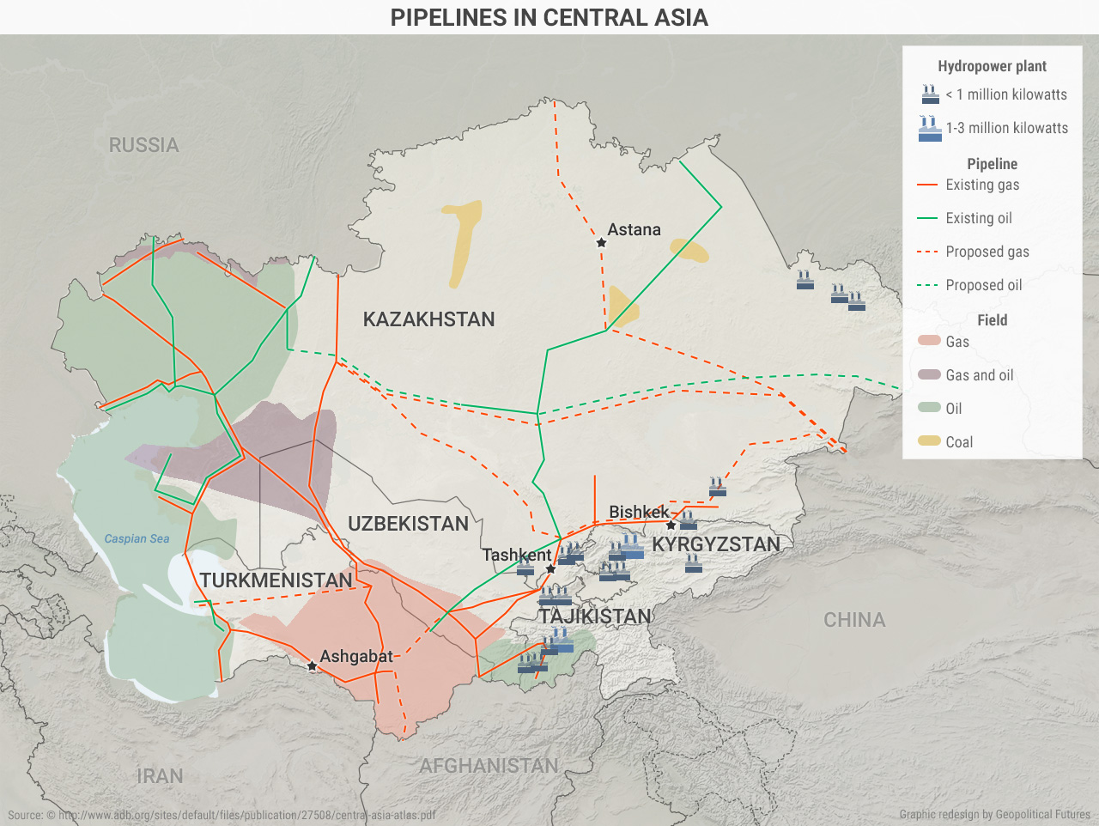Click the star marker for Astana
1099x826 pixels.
pos(602,243)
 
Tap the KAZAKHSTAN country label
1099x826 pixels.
pos(428,319)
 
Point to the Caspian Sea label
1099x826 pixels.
pos(137,538)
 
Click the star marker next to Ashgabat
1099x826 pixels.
pos(312,666)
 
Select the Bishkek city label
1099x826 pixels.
pos(638,512)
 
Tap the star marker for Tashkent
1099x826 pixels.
pos(551,568)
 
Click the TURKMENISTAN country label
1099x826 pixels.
pos(276,580)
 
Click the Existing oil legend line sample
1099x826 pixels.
pos(927,218)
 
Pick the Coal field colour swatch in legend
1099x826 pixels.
pos(929,441)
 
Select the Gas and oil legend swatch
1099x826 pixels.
pos(929,375)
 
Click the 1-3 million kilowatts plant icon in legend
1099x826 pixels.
pos(930,129)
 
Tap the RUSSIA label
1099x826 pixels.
pos(143,145)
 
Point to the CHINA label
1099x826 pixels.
pos(853,620)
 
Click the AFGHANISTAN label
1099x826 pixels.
pos(489,766)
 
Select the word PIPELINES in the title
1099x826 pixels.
pos(448,17)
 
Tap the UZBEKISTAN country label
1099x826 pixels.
pos(408,524)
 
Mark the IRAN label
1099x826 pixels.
pos(160,776)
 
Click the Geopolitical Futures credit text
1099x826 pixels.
pos(994,814)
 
